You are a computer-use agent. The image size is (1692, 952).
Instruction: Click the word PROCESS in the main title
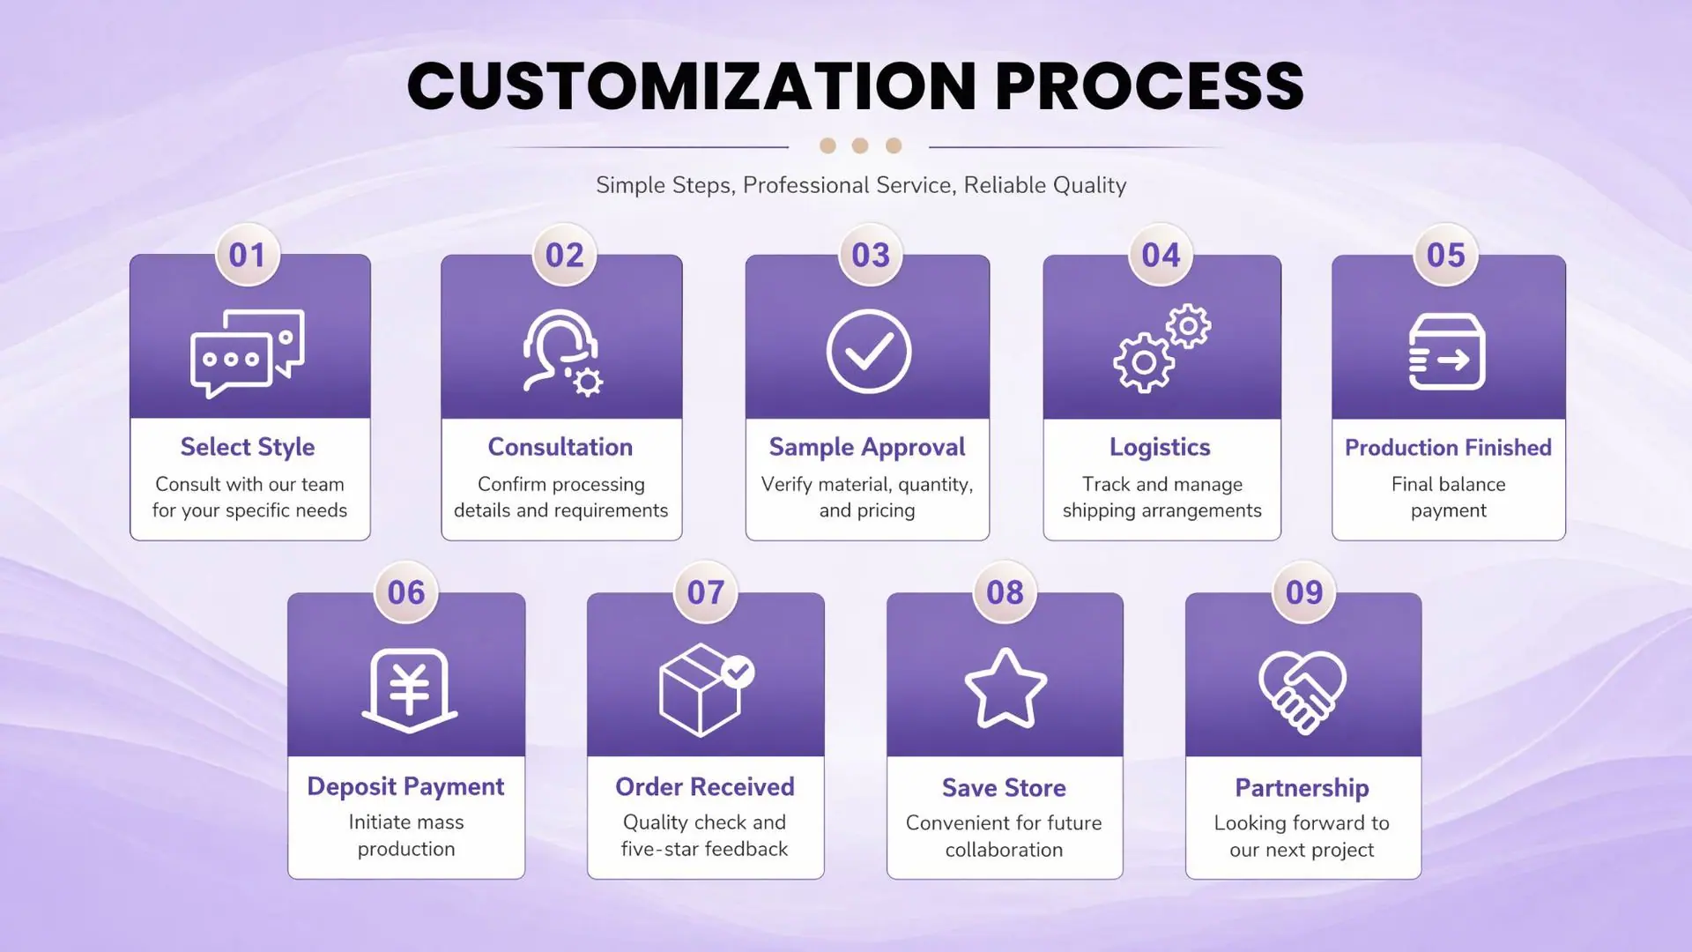[1149, 86]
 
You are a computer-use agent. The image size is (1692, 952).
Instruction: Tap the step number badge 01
[248, 255]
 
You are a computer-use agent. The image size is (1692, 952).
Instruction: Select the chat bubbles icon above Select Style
[248, 353]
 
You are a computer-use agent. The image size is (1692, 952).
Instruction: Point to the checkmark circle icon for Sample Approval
[869, 351]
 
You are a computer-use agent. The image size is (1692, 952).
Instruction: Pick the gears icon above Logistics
[1162, 348]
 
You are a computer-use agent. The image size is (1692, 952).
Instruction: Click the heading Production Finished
[1448, 448]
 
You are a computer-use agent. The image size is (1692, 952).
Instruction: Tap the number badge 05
[1446, 255]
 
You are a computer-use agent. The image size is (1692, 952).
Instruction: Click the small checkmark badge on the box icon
[738, 673]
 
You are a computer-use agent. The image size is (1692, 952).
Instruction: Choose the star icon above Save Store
[1006, 688]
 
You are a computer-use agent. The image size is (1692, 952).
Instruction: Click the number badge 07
[706, 592]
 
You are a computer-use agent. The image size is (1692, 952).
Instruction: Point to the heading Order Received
[705, 786]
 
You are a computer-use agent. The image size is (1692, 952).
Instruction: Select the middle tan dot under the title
[860, 145]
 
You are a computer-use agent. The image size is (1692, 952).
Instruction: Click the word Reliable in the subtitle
[1001, 185]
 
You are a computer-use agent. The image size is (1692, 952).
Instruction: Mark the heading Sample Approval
[867, 448]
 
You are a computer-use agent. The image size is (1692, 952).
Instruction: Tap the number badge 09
[1304, 592]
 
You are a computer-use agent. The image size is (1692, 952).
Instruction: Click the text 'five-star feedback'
[704, 849]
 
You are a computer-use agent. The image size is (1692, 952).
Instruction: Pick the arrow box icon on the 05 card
[1447, 352]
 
